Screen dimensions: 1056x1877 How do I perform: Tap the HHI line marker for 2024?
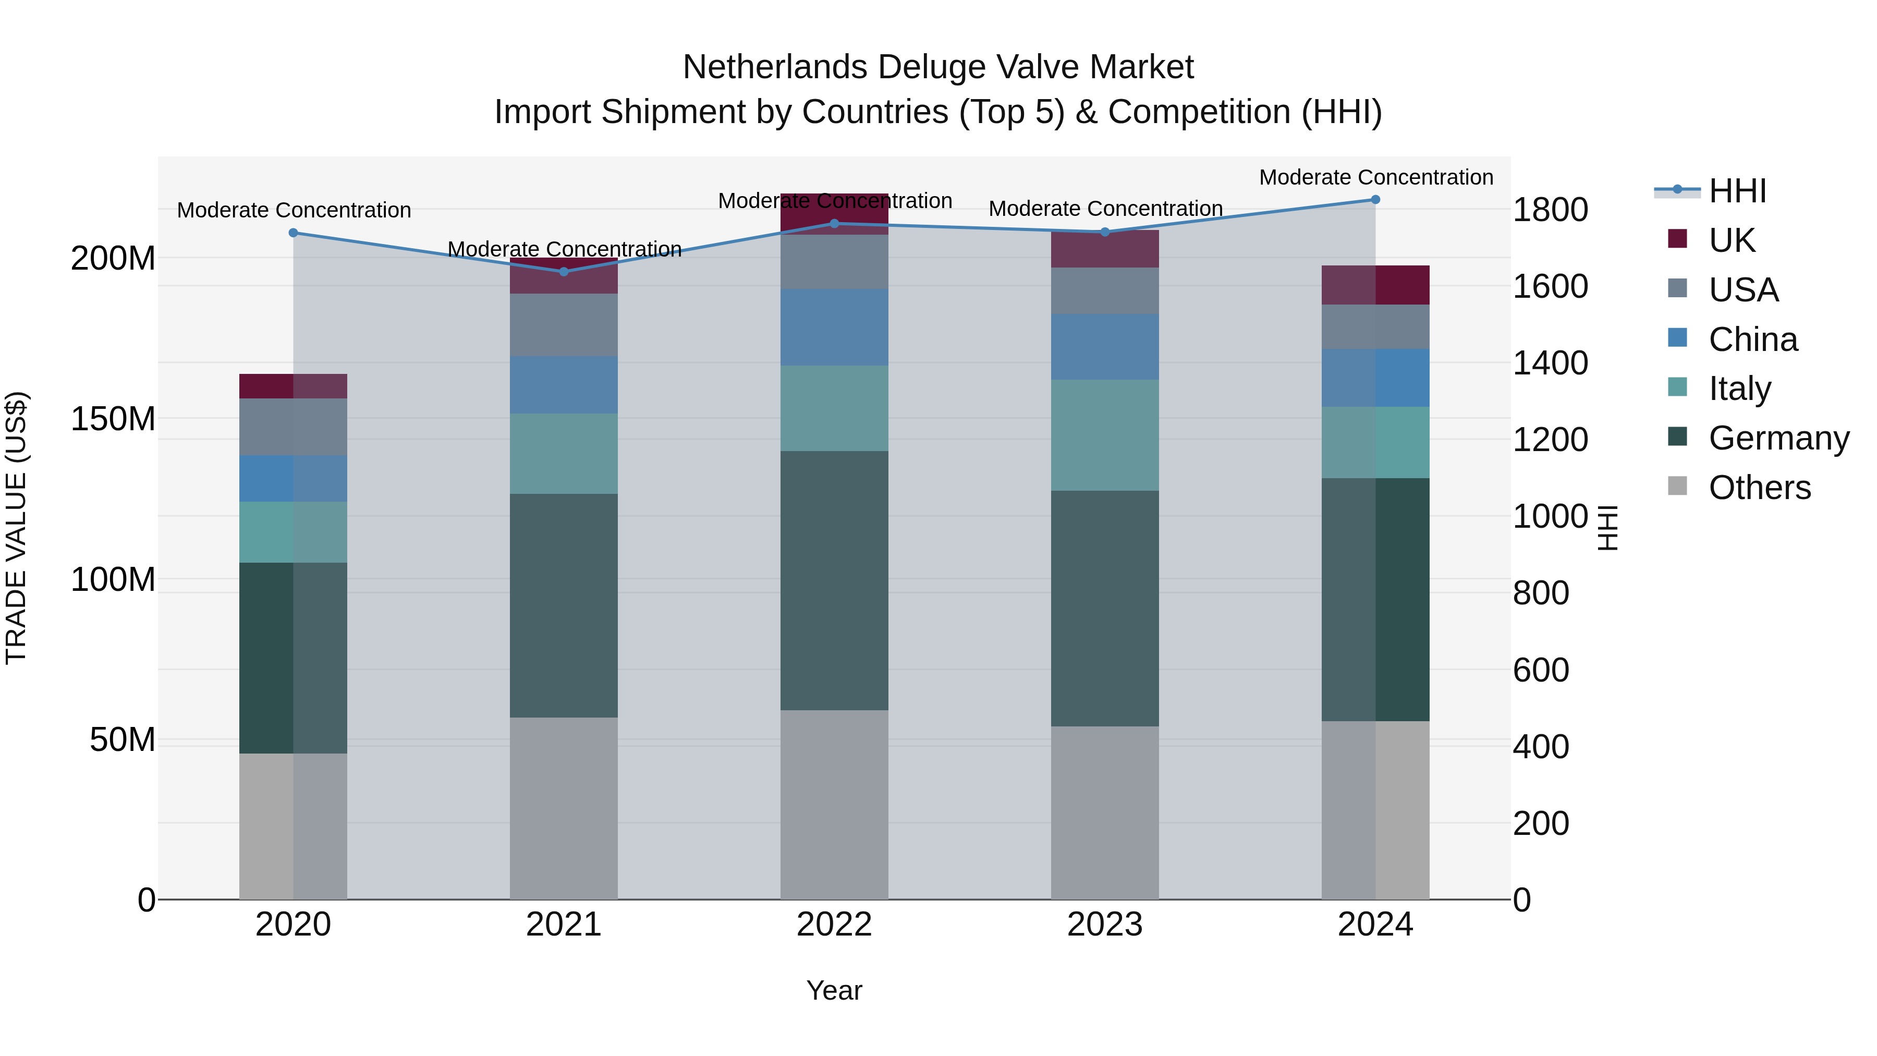tap(1375, 200)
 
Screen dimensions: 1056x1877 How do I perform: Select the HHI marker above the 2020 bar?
tap(293, 233)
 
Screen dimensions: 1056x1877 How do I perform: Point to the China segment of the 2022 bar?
tap(834, 327)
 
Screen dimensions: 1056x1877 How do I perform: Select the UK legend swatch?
tap(1677, 239)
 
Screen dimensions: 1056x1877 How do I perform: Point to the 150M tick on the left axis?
tap(113, 419)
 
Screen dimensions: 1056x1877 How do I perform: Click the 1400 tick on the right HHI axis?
tap(1550, 363)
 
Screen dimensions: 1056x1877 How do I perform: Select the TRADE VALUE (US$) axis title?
tap(16, 528)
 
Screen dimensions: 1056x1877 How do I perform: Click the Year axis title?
tap(834, 990)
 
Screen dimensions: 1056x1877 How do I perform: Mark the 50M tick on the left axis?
tap(123, 739)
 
